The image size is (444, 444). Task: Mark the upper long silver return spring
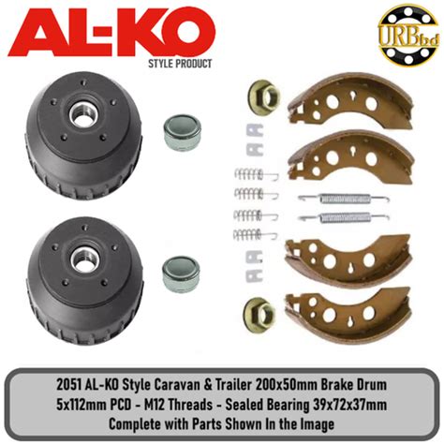click(330, 199)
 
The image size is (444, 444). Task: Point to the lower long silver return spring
click(330, 218)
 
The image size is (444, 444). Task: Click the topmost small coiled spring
click(254, 172)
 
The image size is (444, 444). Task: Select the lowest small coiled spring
click(254, 234)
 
